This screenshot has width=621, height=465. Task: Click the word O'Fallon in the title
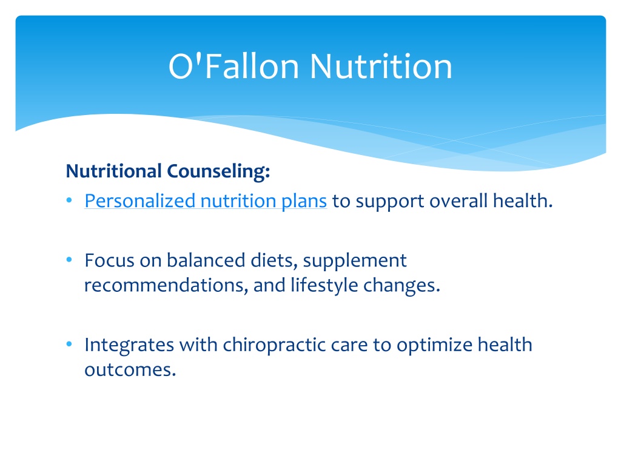click(233, 66)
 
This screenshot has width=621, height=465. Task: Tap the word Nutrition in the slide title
click(381, 66)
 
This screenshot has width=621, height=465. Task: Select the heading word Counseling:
click(218, 171)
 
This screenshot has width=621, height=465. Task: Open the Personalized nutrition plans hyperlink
click(206, 201)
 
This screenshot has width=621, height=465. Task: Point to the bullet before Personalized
click(69, 200)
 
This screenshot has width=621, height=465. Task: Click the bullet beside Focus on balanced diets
click(69, 260)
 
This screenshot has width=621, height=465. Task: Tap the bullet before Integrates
click(69, 344)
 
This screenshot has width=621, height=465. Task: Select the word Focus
click(109, 260)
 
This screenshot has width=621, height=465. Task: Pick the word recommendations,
click(166, 285)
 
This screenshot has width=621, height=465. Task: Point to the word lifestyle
click(324, 286)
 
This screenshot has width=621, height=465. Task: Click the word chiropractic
click(274, 345)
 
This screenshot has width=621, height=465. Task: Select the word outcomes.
click(130, 370)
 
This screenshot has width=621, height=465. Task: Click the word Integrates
click(129, 345)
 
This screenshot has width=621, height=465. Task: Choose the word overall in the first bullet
click(458, 201)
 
